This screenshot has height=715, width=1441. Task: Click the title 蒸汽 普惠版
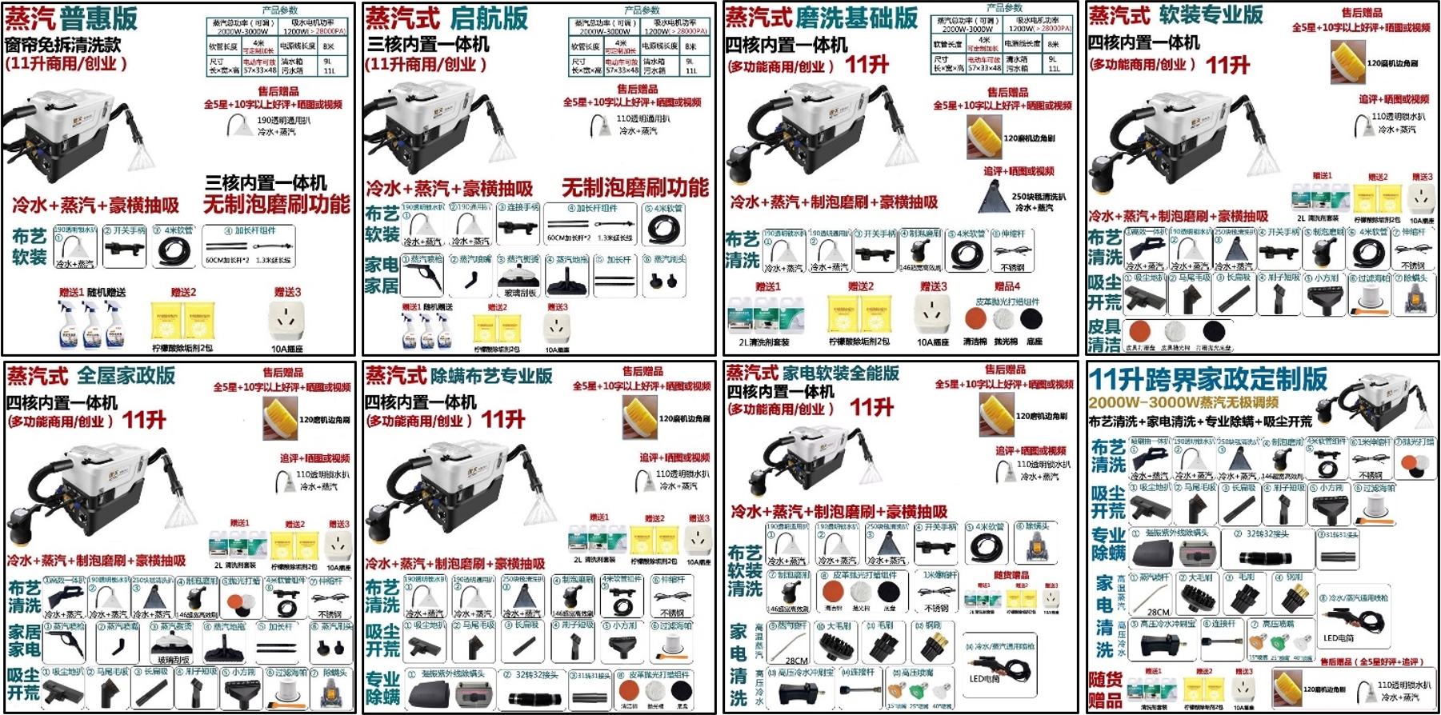click(71, 19)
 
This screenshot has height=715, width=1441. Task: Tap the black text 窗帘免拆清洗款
click(63, 45)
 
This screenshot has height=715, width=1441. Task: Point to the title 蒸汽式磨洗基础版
click(821, 18)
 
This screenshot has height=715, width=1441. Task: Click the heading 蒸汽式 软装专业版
click(1175, 15)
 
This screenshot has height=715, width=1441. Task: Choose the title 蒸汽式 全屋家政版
click(91, 375)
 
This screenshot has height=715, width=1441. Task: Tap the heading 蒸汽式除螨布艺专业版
click(458, 375)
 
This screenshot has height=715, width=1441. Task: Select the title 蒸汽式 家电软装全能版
click(812, 373)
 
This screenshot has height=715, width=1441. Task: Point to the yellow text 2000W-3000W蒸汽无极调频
click(1183, 402)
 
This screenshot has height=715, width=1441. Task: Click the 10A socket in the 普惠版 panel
click(287, 321)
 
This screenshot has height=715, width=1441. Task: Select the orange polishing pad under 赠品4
click(975, 318)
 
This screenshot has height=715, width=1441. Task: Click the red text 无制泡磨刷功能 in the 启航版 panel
click(634, 188)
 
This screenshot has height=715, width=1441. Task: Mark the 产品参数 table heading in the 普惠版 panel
click(280, 10)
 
